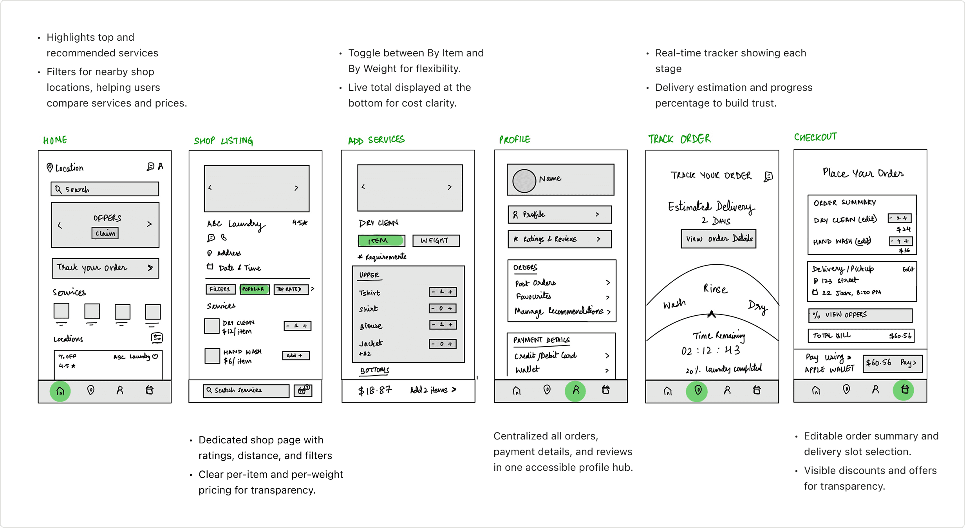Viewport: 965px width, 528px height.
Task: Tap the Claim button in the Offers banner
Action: pyautogui.click(x=105, y=233)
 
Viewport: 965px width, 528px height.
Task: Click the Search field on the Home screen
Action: pyautogui.click(x=105, y=189)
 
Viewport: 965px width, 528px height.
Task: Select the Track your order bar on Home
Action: pyautogui.click(x=105, y=268)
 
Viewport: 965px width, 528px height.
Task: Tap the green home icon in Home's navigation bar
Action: pyautogui.click(x=60, y=391)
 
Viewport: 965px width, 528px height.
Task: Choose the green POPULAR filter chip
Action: pyautogui.click(x=254, y=289)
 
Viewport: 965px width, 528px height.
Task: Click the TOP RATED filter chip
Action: pyautogui.click(x=291, y=289)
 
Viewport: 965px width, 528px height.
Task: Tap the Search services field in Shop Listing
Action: pyautogui.click(x=246, y=391)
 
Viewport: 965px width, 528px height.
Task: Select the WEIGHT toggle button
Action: pyautogui.click(x=436, y=240)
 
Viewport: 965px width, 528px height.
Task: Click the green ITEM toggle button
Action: pyautogui.click(x=381, y=240)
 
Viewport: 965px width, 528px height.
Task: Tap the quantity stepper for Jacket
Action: pyautogui.click(x=443, y=344)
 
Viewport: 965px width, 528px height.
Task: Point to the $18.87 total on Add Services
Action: pyautogui.click(x=375, y=390)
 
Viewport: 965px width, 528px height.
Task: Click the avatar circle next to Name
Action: pyautogui.click(x=524, y=181)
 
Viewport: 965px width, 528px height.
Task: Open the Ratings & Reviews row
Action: pyautogui.click(x=560, y=239)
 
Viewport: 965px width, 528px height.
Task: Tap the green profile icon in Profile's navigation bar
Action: pyautogui.click(x=575, y=390)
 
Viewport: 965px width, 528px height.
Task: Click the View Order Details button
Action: pyautogui.click(x=719, y=239)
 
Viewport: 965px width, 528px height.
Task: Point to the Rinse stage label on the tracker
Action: pyautogui.click(x=715, y=289)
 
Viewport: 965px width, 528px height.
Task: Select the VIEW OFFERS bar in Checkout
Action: pyautogui.click(x=860, y=315)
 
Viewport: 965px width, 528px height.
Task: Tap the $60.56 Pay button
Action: pyautogui.click(x=893, y=363)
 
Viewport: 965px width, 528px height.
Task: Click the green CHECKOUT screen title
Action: pyautogui.click(x=815, y=137)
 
